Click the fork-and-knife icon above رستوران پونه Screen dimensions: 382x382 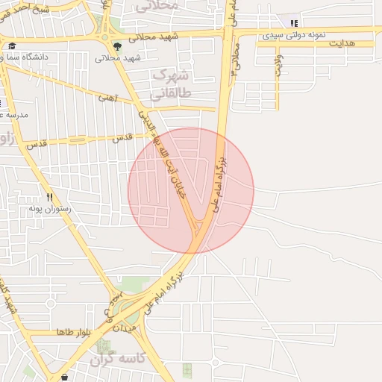pyautogui.click(x=49, y=198)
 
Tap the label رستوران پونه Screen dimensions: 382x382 pyautogui.click(x=49, y=209)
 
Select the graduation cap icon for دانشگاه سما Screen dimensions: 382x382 pyautogui.click(x=13, y=46)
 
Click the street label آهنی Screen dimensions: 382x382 pyautogui.click(x=108, y=98)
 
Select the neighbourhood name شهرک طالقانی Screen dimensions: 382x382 pyautogui.click(x=172, y=84)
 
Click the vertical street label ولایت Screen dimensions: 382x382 pyautogui.click(x=277, y=67)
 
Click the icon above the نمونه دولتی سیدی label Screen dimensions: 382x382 pyautogui.click(x=294, y=23)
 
